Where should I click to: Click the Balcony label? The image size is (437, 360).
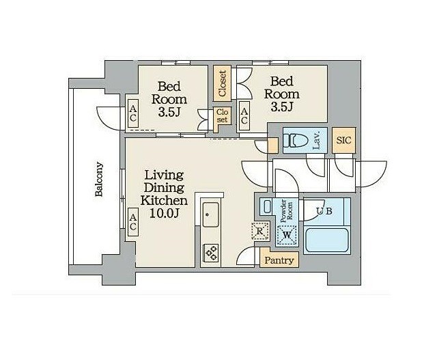(99, 179)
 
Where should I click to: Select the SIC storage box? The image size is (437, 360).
(343, 140)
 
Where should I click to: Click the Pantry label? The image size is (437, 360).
(279, 260)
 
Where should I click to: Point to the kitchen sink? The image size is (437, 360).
(210, 214)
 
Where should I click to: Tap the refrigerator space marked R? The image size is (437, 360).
(260, 231)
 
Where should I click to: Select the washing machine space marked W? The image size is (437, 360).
(287, 235)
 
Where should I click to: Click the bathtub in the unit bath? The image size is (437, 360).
(326, 240)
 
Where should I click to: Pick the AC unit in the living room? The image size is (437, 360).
(133, 222)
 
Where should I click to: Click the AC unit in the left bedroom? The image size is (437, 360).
(133, 113)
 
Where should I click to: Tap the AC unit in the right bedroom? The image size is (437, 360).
(244, 115)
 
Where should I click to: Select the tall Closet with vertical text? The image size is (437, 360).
(222, 83)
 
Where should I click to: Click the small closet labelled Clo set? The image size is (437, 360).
(222, 116)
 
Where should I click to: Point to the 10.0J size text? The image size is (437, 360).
(164, 213)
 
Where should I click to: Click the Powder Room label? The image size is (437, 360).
(287, 211)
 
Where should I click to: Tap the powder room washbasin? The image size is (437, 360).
(267, 206)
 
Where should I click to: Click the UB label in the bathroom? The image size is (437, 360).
(325, 211)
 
